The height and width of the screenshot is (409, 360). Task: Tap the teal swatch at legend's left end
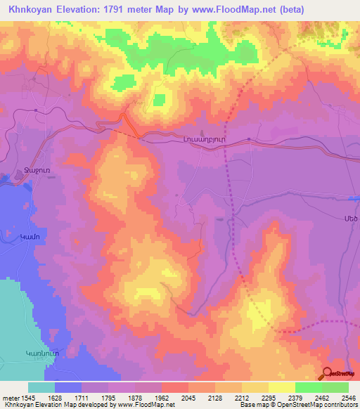click(x=41, y=387)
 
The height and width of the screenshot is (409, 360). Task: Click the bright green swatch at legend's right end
click(x=335, y=387)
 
